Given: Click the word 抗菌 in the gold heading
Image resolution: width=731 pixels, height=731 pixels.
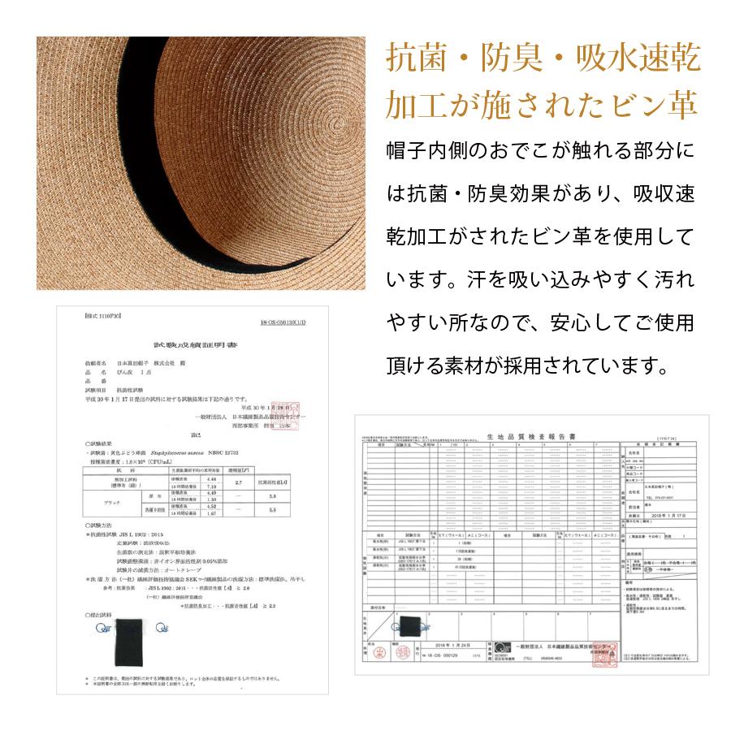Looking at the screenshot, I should tap(413, 60).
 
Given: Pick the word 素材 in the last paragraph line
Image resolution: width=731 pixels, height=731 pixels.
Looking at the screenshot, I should tap(503, 365).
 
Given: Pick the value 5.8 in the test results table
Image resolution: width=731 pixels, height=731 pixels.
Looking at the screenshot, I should tap(295, 495).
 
